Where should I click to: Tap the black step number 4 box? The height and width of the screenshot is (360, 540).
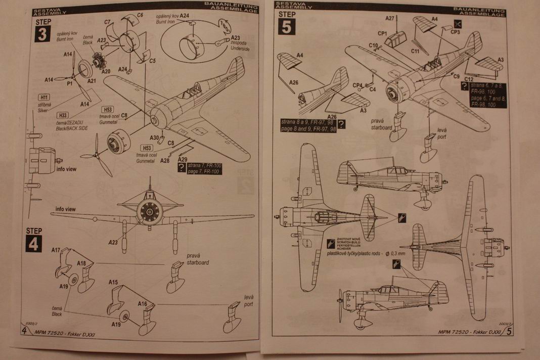point(33,243)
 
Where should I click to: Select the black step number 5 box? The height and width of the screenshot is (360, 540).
point(286,26)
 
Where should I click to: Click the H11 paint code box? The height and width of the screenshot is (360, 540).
point(43,97)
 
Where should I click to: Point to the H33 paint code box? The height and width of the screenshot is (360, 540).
point(63,115)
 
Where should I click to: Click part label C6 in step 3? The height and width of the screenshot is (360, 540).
point(140,16)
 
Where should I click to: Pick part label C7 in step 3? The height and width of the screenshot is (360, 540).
point(108,22)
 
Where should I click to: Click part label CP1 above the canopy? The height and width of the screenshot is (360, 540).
point(382,33)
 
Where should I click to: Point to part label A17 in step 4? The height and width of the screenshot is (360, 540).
point(56,250)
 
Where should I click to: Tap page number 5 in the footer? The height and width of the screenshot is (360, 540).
point(509,332)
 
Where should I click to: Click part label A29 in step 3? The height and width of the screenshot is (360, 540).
point(182,159)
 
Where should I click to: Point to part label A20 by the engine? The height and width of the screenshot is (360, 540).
point(106,72)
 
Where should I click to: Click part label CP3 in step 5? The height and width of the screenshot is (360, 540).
point(455,32)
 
